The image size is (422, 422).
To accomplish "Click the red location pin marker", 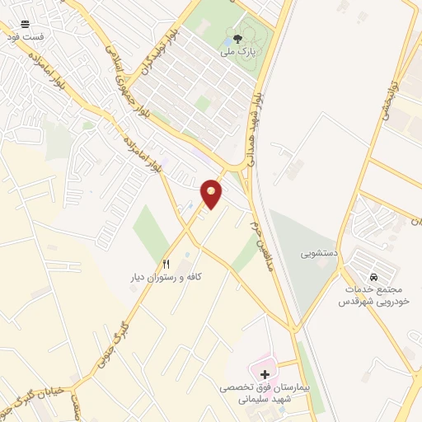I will point(212,193).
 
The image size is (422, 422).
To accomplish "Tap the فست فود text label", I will point(23,37).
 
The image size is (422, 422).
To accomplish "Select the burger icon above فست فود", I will point(24,24).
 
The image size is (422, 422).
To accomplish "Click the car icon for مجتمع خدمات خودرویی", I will point(374,277).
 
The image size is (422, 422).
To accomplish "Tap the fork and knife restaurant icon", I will point(166,265).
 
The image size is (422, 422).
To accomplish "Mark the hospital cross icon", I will point(264,375).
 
